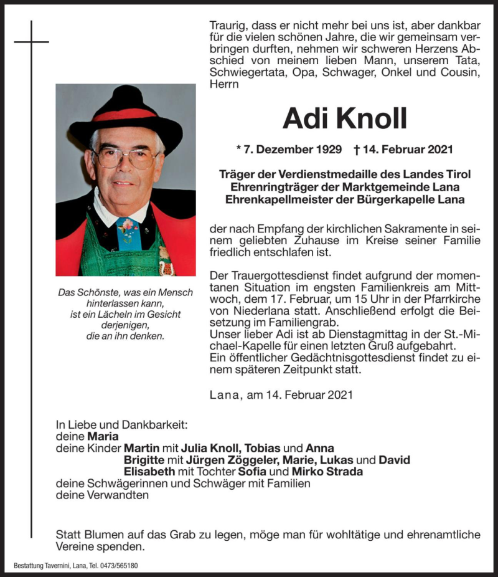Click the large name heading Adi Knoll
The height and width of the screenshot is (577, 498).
344,118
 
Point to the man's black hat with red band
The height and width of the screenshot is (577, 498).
127,110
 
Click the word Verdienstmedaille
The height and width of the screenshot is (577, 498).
336,174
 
